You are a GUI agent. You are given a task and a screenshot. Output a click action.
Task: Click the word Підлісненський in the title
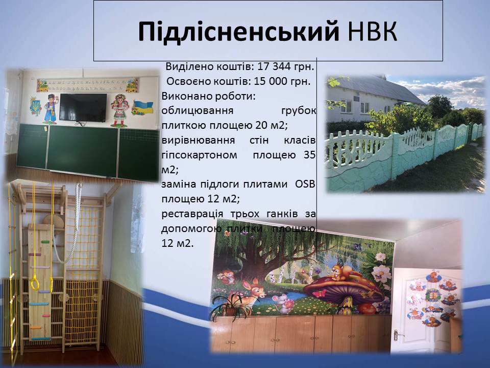(x=239, y=32)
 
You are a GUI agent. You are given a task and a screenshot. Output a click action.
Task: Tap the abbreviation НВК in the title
(x=372, y=31)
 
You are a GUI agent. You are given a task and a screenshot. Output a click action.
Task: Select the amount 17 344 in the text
(x=274, y=66)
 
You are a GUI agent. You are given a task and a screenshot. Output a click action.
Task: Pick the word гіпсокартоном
(x=199, y=155)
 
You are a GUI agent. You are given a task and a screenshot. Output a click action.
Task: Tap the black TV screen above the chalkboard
(x=83, y=107)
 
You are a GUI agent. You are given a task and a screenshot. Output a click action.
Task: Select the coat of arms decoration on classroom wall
(x=35, y=106)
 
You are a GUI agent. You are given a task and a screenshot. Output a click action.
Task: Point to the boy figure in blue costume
(x=51, y=108)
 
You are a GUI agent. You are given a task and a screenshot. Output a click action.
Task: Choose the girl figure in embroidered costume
(x=119, y=110)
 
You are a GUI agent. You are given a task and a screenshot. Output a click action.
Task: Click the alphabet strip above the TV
(x=88, y=85)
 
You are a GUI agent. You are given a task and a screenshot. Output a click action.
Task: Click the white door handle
(x=397, y=335)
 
